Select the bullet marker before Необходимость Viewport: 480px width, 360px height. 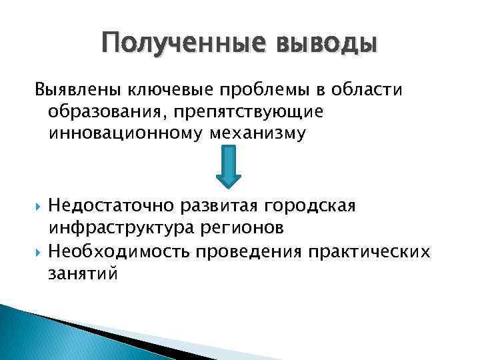(x=37, y=251)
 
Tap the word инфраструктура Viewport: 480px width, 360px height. (x=121, y=229)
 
